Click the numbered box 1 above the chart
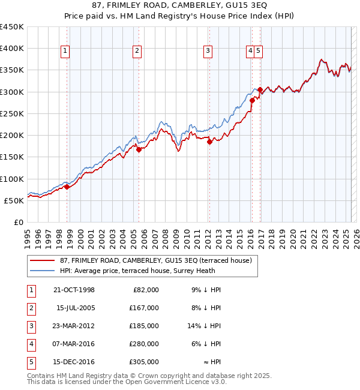click(64, 52)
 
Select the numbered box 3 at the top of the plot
click(208, 52)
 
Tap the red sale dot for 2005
click(139, 150)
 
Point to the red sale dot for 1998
click(67, 187)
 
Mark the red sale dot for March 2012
click(209, 142)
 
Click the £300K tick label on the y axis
click(12, 92)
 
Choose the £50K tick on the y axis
click(14, 200)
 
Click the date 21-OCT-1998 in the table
click(74, 290)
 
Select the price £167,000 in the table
click(145, 308)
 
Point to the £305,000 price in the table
click(145, 362)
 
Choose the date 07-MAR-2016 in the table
click(74, 344)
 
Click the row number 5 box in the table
click(30, 362)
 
